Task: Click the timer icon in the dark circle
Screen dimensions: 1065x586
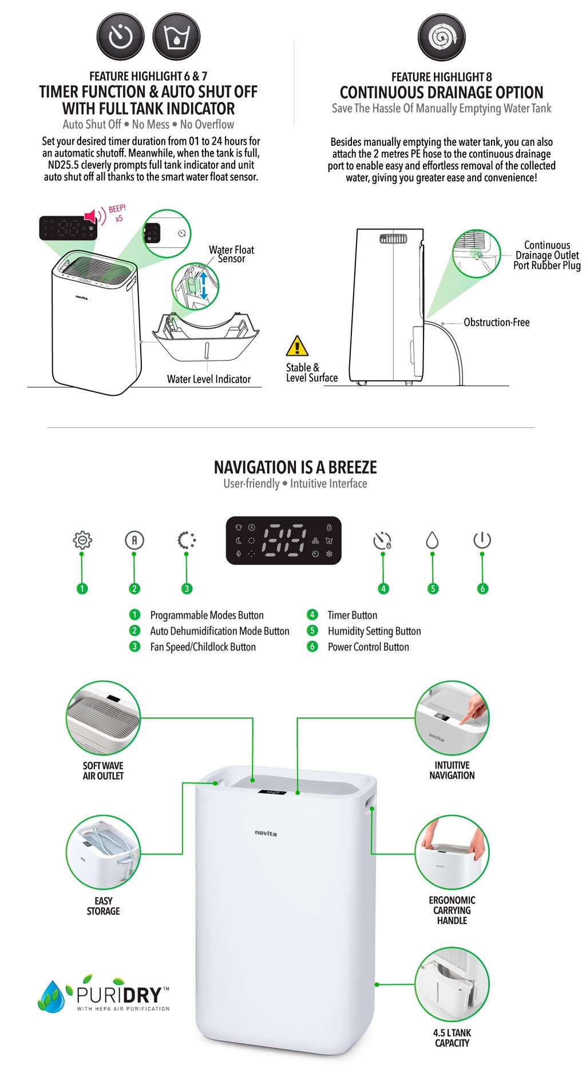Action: click(x=120, y=37)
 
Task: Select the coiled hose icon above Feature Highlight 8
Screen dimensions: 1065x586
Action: click(x=441, y=38)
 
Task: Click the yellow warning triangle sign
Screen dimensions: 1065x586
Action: click(x=297, y=346)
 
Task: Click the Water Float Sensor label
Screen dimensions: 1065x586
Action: click(x=231, y=254)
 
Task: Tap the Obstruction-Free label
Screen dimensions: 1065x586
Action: click(x=496, y=323)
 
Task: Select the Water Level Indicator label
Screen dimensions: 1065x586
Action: click(x=208, y=379)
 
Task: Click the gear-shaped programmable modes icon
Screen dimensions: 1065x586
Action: click(x=82, y=540)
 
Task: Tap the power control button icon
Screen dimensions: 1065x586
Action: click(x=482, y=540)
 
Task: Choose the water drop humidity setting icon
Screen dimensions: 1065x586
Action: click(x=432, y=540)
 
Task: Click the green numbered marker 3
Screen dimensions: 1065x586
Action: click(x=187, y=589)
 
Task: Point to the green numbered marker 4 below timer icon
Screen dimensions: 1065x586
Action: click(x=383, y=589)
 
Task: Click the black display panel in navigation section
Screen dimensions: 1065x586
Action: click(x=283, y=541)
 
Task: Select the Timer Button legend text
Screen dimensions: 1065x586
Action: click(x=352, y=615)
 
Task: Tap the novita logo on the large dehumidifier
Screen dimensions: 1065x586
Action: click(x=266, y=833)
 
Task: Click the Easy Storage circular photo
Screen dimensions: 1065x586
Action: click(x=103, y=852)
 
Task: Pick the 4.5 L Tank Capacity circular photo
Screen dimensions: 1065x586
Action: click(x=452, y=984)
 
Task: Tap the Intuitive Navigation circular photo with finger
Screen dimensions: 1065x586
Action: click(x=452, y=717)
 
